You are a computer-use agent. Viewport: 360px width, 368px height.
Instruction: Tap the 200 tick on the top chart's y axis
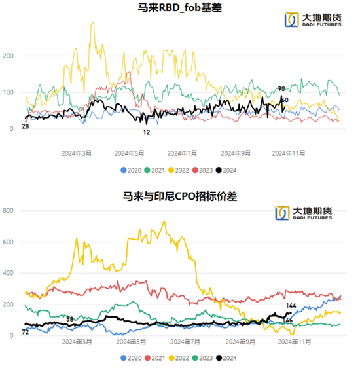click(x=9, y=56)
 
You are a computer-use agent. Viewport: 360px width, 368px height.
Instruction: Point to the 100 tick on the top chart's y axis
click(x=9, y=92)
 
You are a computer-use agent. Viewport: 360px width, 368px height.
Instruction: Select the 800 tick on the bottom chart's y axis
click(x=9, y=211)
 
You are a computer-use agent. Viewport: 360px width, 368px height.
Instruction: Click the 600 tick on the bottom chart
click(x=9, y=242)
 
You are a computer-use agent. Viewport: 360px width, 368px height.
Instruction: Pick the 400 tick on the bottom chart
click(x=9, y=273)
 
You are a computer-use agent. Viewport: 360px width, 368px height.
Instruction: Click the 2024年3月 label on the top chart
click(x=76, y=153)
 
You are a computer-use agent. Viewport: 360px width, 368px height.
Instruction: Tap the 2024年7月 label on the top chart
click(x=182, y=153)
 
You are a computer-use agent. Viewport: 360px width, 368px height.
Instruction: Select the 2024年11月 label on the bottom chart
click(x=289, y=342)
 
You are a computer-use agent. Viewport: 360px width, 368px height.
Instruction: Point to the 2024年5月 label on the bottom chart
click(x=129, y=342)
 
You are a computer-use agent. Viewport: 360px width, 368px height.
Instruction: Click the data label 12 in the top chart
click(x=147, y=132)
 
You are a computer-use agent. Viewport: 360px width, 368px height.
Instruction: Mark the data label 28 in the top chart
click(x=26, y=126)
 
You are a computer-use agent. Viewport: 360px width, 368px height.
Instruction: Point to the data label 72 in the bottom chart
click(x=26, y=333)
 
